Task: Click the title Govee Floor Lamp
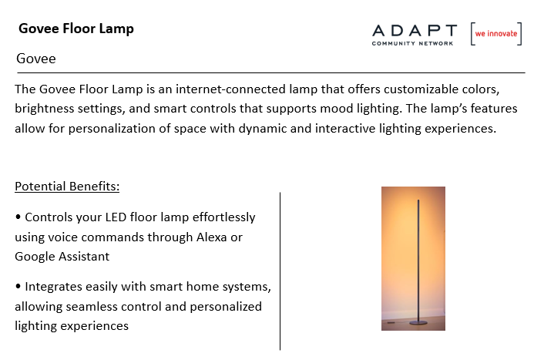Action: (76, 29)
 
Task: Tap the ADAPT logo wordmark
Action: (415, 31)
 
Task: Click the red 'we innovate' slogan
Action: (496, 34)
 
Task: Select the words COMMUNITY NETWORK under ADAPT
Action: (412, 43)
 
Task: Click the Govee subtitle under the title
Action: (36, 59)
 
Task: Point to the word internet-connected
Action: (230, 89)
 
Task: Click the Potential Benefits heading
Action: (67, 187)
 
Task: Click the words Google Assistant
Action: (62, 257)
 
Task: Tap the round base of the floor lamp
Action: (418, 323)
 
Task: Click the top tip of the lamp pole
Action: (418, 200)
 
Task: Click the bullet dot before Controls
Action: (18, 217)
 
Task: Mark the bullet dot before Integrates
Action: (18, 287)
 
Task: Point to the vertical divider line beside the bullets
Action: (280, 271)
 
